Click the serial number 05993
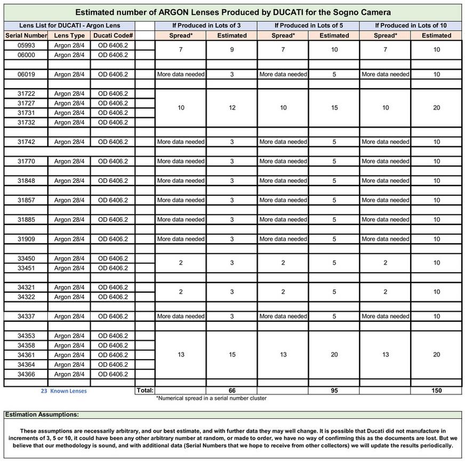click(x=26, y=45)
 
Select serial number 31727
click(x=26, y=103)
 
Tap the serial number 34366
click(x=26, y=374)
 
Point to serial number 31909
click(x=26, y=238)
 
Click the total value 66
click(x=232, y=391)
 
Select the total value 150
click(x=436, y=391)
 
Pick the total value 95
click(x=334, y=391)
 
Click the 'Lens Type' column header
click(x=69, y=35)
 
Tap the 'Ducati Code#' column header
click(x=113, y=35)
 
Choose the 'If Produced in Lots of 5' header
click(x=308, y=25)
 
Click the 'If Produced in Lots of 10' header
click(x=411, y=25)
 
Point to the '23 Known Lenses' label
click(x=64, y=391)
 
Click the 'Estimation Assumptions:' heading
click(x=42, y=414)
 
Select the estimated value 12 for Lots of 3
click(x=232, y=108)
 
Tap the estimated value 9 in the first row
click(x=232, y=50)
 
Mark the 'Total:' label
click(x=145, y=391)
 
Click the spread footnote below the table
click(x=211, y=398)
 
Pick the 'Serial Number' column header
click(x=26, y=35)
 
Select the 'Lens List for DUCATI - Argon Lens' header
click(x=69, y=25)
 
